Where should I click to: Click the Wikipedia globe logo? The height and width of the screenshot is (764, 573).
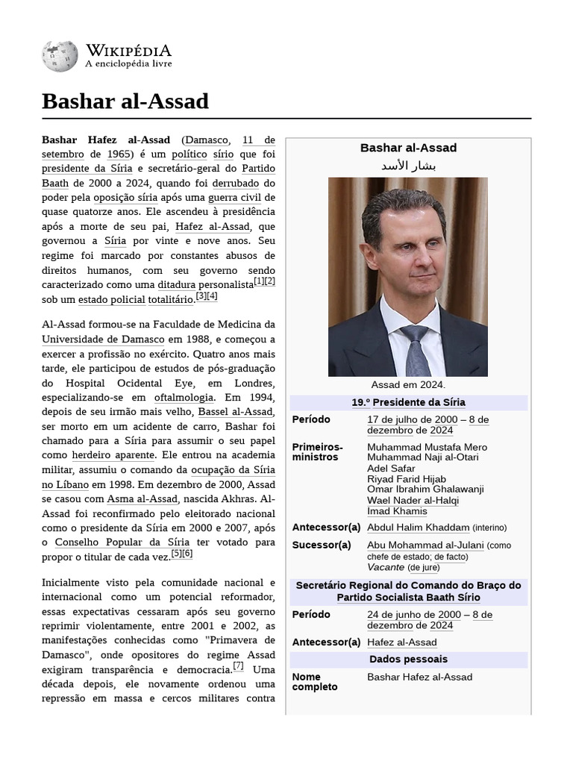click(60, 56)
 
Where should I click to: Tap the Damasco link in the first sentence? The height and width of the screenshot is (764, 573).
click(207, 140)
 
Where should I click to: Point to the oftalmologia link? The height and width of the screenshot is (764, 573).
click(184, 398)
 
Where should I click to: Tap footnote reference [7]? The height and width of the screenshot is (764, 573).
click(238, 666)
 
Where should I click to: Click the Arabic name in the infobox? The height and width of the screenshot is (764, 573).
click(408, 165)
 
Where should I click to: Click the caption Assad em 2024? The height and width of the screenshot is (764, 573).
click(408, 385)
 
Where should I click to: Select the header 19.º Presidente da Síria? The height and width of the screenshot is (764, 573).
click(408, 402)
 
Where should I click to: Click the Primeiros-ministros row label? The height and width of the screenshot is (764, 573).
click(317, 451)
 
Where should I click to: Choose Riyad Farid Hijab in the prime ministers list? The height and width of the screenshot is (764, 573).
click(407, 479)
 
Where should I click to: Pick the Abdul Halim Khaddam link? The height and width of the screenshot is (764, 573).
click(418, 527)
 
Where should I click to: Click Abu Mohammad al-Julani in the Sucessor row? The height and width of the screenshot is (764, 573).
click(425, 545)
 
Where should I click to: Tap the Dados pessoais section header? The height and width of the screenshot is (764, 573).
click(408, 659)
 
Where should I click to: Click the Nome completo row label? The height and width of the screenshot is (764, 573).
click(314, 681)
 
